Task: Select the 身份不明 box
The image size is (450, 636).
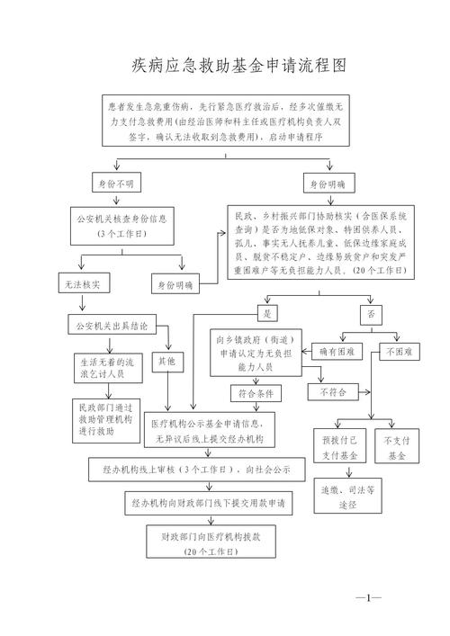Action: (116, 184)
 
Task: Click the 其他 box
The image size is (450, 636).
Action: (166, 362)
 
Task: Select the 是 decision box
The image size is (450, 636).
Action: (266, 314)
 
